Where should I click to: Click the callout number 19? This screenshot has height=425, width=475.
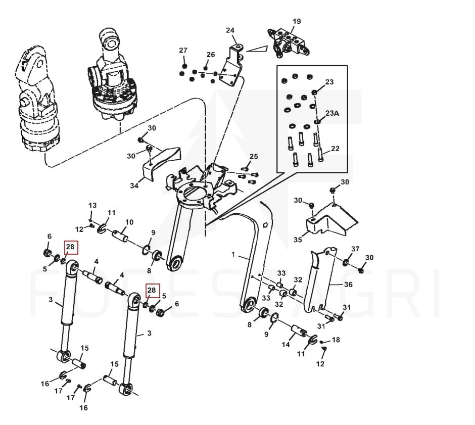[297, 21]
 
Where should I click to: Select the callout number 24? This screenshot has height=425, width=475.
[230, 30]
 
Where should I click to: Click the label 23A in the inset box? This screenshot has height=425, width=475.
[331, 113]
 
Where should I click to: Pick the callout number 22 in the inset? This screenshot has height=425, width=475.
[335, 149]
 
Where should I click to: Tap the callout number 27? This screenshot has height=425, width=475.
[183, 50]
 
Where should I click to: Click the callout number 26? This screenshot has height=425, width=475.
[210, 55]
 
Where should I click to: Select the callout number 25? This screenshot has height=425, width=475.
[253, 156]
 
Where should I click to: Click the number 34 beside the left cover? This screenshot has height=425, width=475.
[134, 185]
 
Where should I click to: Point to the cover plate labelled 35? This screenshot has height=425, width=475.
[331, 220]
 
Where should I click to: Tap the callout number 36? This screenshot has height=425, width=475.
[348, 285]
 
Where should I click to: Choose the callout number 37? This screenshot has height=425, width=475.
[355, 249]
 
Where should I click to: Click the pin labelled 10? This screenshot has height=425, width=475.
[121, 234]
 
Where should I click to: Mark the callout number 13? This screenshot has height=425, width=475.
[92, 205]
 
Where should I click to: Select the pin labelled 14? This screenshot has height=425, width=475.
[297, 334]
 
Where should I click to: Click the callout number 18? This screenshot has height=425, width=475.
[336, 340]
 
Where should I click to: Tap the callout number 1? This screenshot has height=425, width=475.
[233, 255]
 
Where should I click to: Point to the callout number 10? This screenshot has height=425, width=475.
[129, 222]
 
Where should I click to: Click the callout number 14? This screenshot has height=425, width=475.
[286, 345]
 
